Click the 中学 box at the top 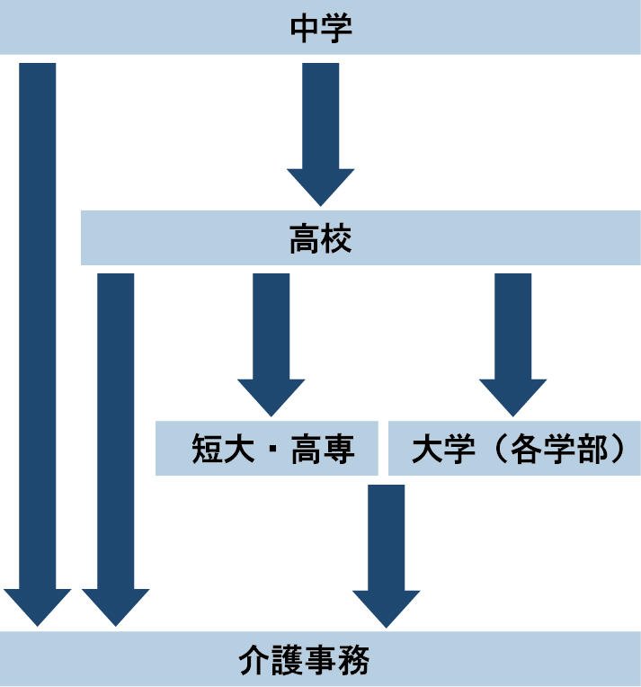coord(320,28)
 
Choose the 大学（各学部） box coord(514,448)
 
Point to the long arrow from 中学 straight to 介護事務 coord(37,342)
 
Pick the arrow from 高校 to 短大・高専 coord(271,342)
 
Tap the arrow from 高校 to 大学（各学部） coord(512,342)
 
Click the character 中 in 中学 coord(304,28)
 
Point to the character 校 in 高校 coord(336,239)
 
